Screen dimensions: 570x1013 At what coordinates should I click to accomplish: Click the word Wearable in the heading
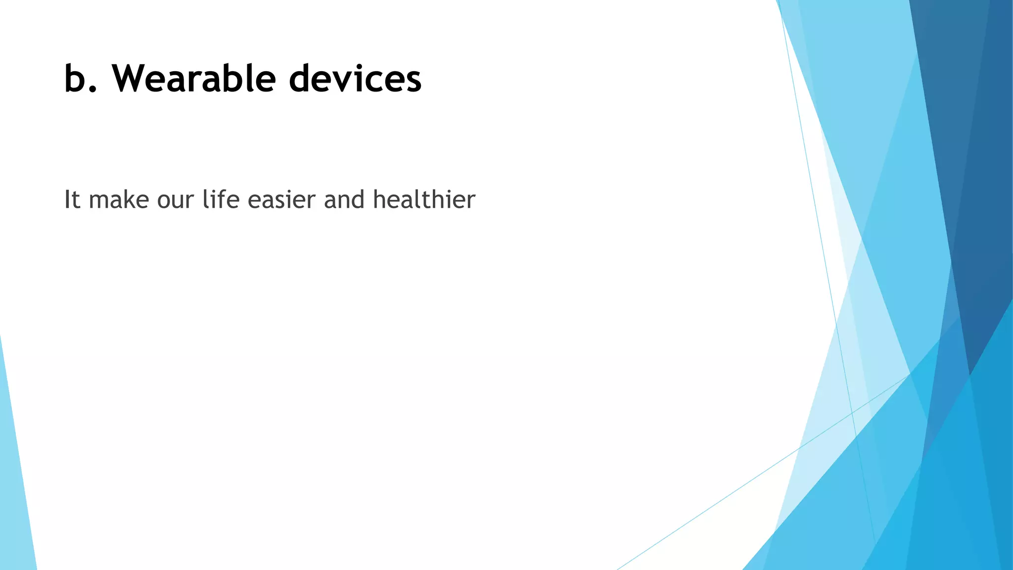193,79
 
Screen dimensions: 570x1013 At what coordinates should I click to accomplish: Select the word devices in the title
355,79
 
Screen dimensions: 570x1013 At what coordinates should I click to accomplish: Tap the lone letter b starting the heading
75,79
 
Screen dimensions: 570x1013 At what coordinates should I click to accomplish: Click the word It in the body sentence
72,200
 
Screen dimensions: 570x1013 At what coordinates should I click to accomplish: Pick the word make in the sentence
119,200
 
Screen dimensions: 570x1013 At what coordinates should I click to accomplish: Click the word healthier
424,200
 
